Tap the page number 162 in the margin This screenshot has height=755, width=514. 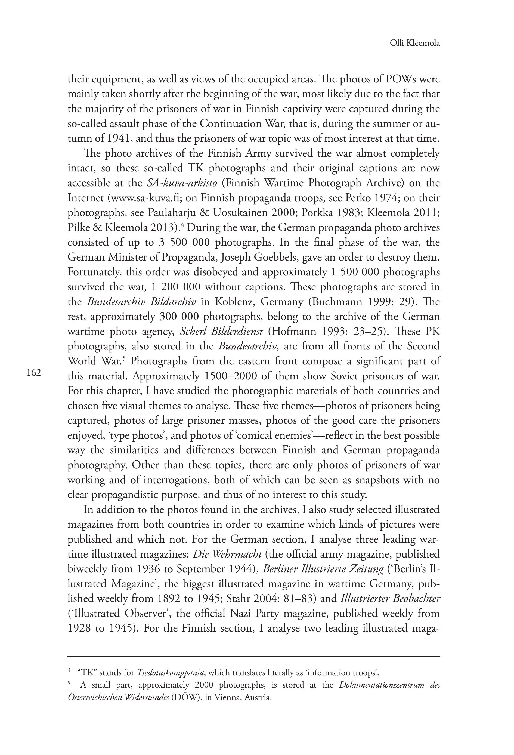coord(34,373)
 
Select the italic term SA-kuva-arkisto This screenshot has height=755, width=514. coord(182,183)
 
